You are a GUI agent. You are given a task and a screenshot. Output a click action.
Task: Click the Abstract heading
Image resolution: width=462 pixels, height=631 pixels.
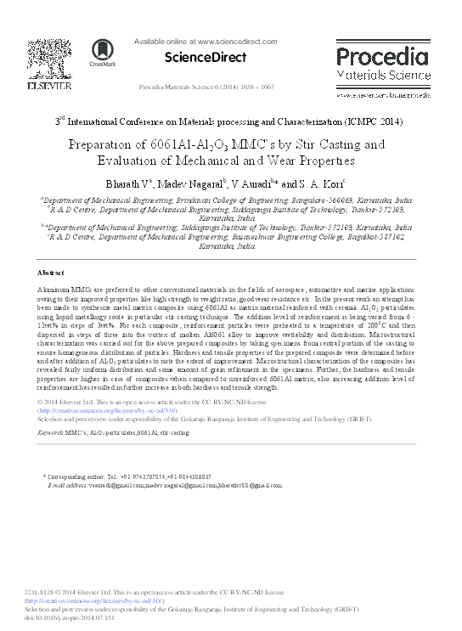coord(53,273)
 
